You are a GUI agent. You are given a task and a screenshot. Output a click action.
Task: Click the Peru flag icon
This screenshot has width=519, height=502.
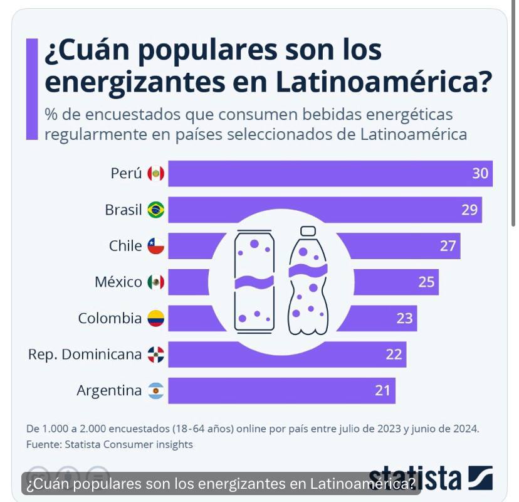(156, 174)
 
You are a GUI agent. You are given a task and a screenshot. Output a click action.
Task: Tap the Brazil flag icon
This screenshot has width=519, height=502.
(156, 210)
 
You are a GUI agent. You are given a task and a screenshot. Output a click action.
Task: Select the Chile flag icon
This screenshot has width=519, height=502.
(156, 246)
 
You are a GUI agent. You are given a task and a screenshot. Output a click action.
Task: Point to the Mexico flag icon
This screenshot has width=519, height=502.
(156, 282)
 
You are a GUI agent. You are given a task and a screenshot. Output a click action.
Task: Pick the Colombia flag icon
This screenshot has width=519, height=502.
(156, 319)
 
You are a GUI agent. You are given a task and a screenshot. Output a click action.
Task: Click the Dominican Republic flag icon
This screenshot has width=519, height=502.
(156, 355)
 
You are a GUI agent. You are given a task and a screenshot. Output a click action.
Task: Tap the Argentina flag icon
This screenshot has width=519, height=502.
(156, 391)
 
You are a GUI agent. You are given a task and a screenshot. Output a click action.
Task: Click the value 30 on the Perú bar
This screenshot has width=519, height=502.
(480, 174)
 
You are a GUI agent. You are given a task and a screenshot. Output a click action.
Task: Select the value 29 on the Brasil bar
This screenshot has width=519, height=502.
(469, 210)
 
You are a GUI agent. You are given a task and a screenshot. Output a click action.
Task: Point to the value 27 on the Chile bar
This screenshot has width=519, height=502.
(448, 246)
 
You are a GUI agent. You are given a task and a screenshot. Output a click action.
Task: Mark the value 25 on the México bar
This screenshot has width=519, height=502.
(426, 282)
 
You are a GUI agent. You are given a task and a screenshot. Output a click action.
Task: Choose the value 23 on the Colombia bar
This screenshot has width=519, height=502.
(404, 319)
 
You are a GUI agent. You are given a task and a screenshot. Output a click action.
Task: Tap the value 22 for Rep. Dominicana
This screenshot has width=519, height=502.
(394, 355)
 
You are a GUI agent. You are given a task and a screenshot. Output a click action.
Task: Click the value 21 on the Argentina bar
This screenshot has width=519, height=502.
(383, 391)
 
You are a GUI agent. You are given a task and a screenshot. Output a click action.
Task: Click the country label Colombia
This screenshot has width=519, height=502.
(110, 319)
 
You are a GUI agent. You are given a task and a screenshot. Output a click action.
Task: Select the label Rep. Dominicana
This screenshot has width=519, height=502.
(85, 355)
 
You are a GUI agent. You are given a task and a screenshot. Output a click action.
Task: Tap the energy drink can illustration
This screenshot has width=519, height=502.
(254, 280)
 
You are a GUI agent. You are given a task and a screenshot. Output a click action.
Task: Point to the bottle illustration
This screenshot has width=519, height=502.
(308, 280)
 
